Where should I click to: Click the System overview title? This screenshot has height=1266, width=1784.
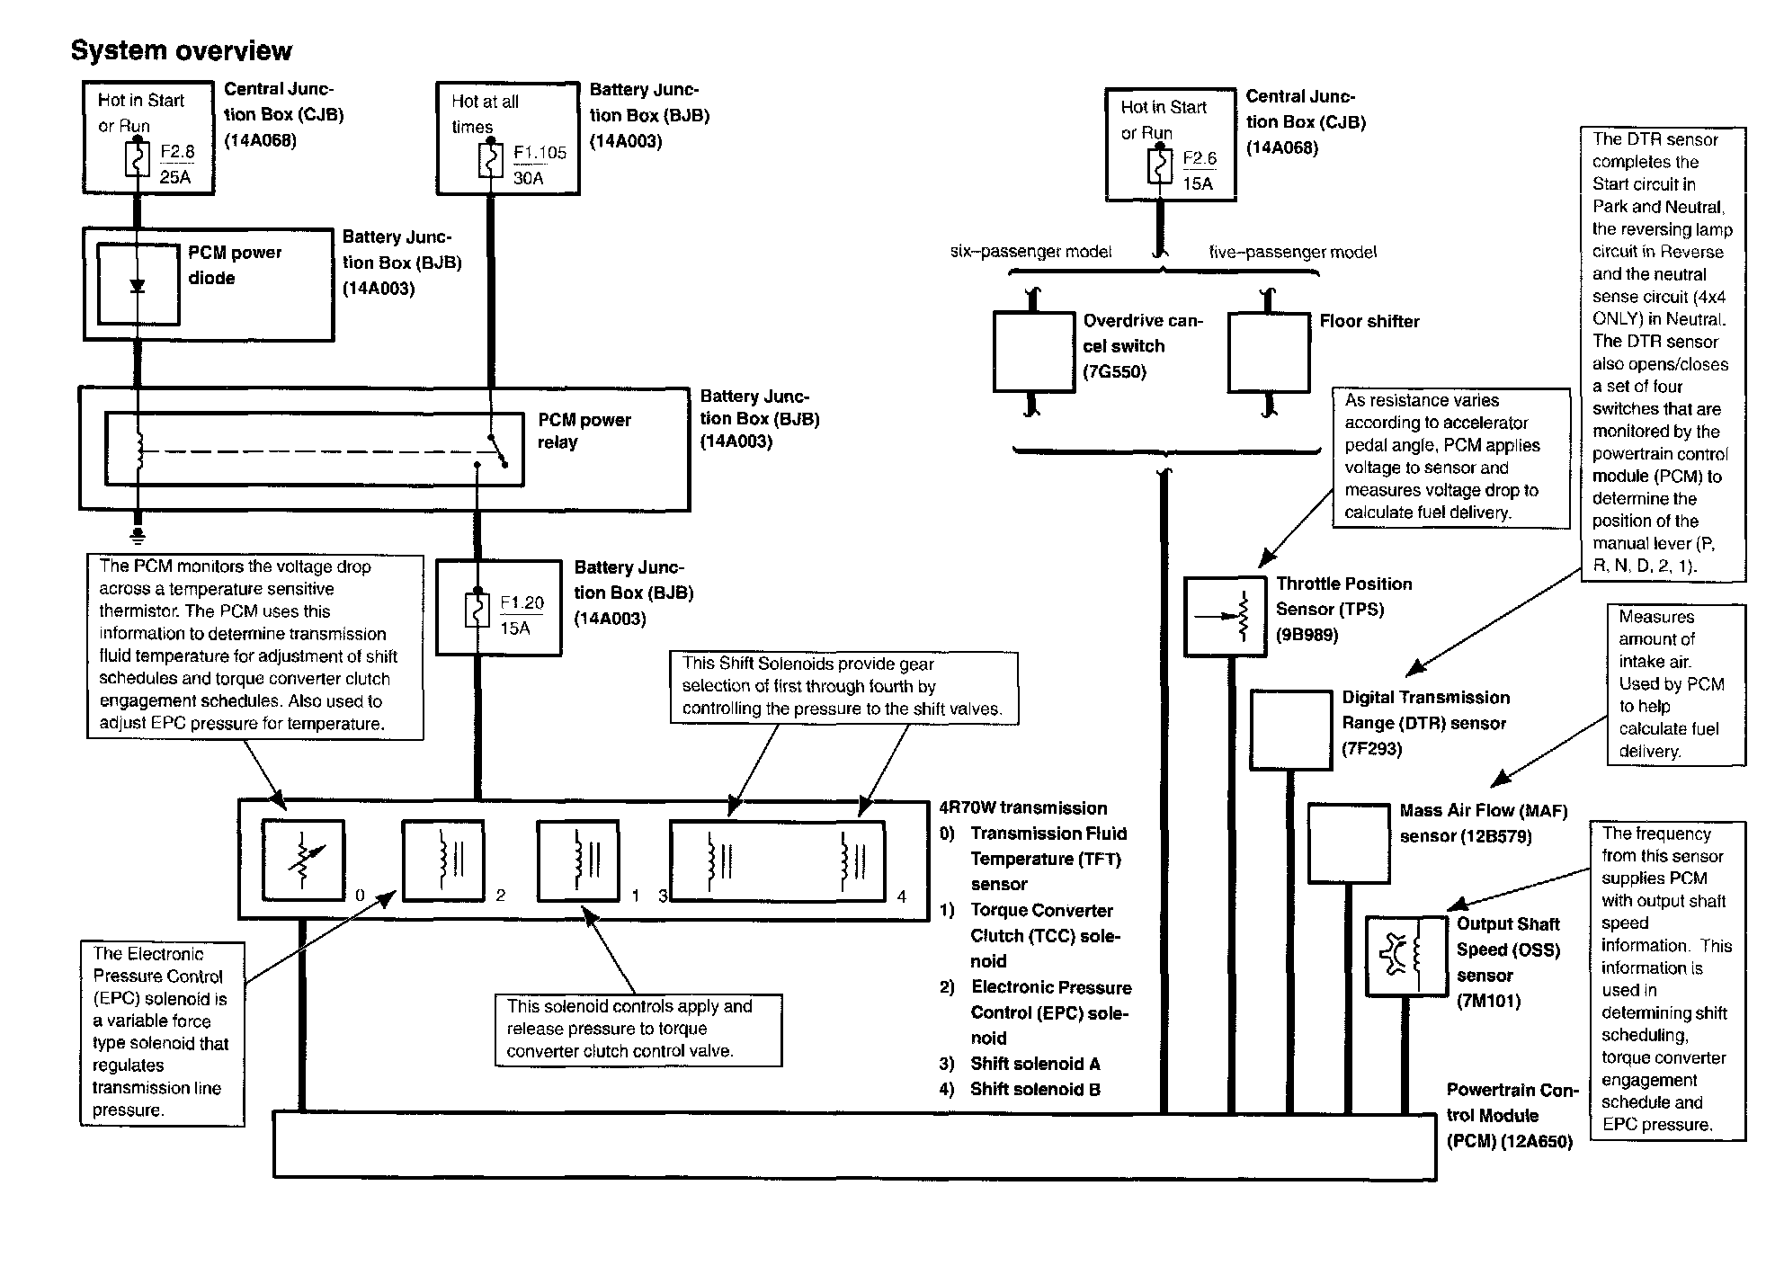click(182, 50)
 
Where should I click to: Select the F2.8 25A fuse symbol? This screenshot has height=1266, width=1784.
click(138, 163)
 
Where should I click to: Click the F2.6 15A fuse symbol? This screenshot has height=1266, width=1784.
click(1160, 168)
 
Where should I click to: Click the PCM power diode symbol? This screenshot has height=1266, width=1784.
click(138, 286)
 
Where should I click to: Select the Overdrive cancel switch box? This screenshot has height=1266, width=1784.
click(1033, 352)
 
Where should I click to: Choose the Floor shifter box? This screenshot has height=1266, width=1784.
click(1269, 352)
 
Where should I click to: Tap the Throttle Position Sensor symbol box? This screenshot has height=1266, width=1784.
click(1225, 616)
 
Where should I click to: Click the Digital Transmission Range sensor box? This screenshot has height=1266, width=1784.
click(1290, 729)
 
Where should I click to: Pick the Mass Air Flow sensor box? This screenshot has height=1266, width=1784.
click(1347, 843)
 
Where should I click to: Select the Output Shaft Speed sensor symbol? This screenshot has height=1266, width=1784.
click(1405, 956)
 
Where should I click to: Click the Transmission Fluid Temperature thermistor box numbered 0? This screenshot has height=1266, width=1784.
click(303, 860)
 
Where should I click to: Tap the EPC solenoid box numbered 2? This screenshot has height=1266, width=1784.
click(442, 860)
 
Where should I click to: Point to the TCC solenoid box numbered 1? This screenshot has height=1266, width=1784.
click(578, 860)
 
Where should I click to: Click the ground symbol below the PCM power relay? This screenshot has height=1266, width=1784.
click(138, 536)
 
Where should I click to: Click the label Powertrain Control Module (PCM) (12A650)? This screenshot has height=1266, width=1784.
click(1511, 1116)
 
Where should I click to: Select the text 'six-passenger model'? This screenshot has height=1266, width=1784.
click(1030, 253)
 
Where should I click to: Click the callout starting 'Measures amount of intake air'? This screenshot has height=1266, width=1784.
click(1675, 684)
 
